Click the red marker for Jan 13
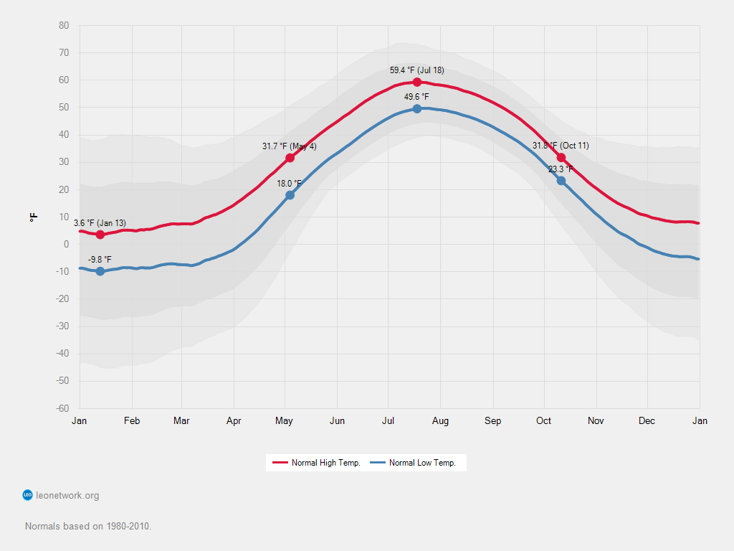click(100, 235)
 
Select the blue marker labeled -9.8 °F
click(100, 271)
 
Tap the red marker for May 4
click(290, 158)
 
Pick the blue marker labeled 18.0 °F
click(290, 195)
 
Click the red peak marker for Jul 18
click(417, 82)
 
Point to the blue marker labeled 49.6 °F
click(417, 109)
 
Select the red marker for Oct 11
click(561, 158)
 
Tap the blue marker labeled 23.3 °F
click(561, 181)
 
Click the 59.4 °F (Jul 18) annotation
click(416, 70)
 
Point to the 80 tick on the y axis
click(64, 26)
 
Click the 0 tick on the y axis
click(66, 245)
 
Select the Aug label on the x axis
click(440, 421)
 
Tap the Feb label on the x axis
click(131, 421)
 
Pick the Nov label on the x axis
click(596, 421)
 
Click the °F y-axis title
click(34, 217)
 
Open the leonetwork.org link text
click(67, 495)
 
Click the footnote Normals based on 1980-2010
click(88, 526)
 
